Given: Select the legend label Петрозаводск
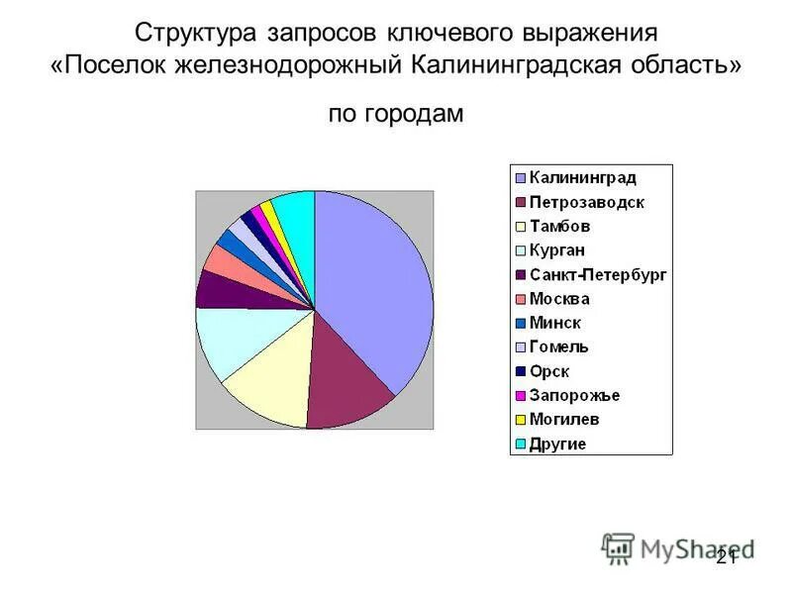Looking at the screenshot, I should pyautogui.click(x=586, y=202).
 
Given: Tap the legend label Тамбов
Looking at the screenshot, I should pyautogui.click(x=560, y=227).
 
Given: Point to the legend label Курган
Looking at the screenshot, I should pyautogui.click(x=560, y=250).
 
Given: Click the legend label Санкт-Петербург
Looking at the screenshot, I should pyautogui.click(x=598, y=274).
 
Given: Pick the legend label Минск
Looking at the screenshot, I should pyautogui.click(x=555, y=323).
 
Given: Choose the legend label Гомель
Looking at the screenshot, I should pyautogui.click(x=559, y=346).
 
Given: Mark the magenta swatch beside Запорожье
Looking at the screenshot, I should pyautogui.click(x=520, y=396).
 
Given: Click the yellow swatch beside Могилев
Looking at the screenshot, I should pyautogui.click(x=520, y=420).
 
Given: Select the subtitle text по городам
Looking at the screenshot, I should pyautogui.click(x=395, y=114).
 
